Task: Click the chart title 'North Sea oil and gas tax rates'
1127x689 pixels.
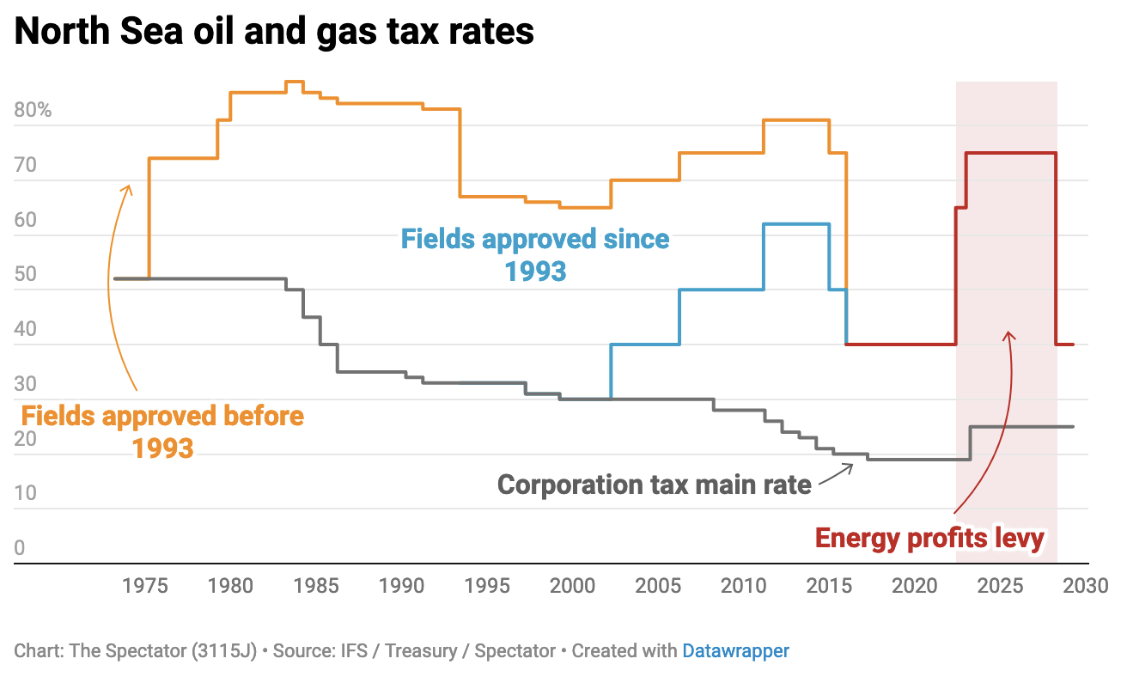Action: pos(274,32)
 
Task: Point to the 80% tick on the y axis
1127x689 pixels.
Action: pos(33,111)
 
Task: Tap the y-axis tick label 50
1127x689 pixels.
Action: pos(25,275)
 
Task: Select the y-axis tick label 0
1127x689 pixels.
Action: pos(19,548)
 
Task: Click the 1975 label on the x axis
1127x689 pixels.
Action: pos(145,587)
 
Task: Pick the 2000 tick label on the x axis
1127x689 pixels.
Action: pos(572,587)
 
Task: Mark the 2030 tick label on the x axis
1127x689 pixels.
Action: pos(1084,587)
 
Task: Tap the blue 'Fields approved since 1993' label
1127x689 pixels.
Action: pos(535,254)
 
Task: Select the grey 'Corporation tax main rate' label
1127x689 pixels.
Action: pos(654,485)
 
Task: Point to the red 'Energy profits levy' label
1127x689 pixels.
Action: pos(929,539)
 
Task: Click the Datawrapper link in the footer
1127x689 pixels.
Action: pos(735,651)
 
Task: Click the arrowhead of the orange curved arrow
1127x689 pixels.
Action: pos(129,186)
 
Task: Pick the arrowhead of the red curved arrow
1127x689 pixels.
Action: pos(1009,334)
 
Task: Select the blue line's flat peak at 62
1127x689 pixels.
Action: pos(796,224)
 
